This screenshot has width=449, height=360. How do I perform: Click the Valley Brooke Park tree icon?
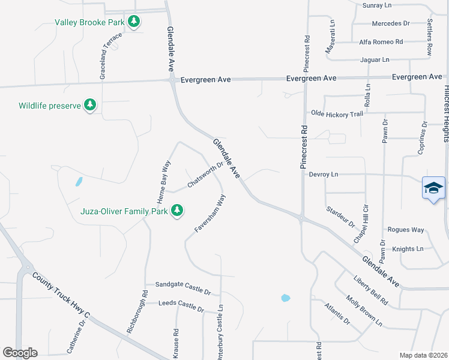click(x=134, y=22)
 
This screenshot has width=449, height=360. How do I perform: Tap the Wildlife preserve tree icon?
click(x=90, y=106)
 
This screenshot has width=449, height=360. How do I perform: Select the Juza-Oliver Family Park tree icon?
click(x=176, y=211)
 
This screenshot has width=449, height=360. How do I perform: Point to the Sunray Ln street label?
click(x=377, y=5)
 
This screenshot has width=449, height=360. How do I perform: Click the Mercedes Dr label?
click(x=390, y=23)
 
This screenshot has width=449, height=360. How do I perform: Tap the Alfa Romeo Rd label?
click(x=381, y=42)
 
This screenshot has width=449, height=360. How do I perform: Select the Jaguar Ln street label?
click(x=375, y=60)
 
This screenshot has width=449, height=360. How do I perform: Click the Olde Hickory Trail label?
click(x=337, y=113)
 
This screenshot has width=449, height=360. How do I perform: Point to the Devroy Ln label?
click(x=324, y=175)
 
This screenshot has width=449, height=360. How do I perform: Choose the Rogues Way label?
click(x=406, y=230)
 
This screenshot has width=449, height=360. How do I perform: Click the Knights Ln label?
click(x=408, y=248)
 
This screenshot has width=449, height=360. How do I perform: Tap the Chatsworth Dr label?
click(x=205, y=174)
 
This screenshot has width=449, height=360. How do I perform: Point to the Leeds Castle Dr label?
click(x=181, y=305)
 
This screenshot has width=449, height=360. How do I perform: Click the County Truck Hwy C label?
click(x=61, y=295)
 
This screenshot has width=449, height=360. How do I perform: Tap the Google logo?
click(x=20, y=353)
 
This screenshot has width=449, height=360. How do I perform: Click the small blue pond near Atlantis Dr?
click(x=285, y=298)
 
